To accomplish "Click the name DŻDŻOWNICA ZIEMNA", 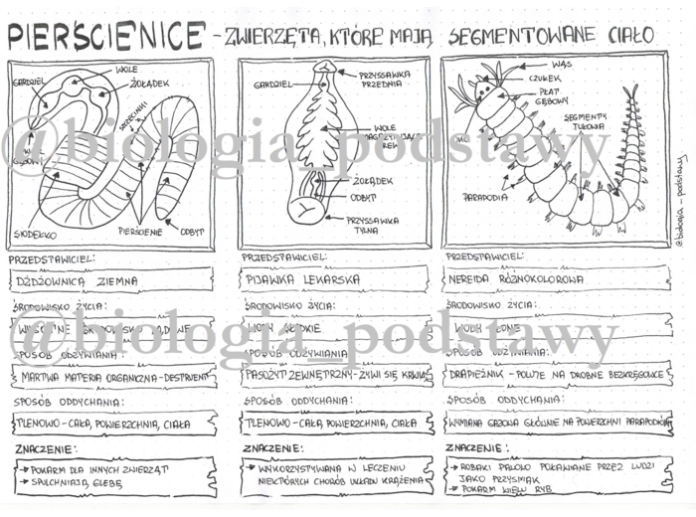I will pyautogui.click(x=74, y=282).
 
